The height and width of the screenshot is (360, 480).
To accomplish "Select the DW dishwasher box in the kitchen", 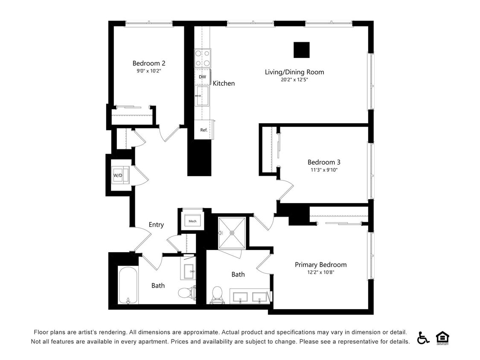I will click(x=202, y=77).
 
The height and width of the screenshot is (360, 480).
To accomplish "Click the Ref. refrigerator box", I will click(x=204, y=130).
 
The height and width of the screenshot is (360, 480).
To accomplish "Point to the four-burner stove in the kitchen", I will click(x=203, y=58).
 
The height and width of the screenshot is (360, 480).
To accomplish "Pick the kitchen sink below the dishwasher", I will click(x=202, y=96).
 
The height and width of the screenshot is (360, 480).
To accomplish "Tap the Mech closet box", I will click(x=192, y=221).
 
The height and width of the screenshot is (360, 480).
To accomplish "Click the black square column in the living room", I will click(x=301, y=50).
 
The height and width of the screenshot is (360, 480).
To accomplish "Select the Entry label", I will click(x=156, y=225).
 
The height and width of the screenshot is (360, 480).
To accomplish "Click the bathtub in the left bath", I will click(x=128, y=285).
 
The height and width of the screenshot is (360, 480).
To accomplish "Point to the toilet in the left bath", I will click(x=186, y=293).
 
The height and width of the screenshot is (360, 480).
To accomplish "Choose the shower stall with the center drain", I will click(x=232, y=233).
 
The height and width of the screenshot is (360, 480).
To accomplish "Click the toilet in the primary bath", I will click(x=217, y=294).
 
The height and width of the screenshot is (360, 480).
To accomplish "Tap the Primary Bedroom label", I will click(x=320, y=264).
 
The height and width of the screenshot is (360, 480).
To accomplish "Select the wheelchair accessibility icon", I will click(x=423, y=337).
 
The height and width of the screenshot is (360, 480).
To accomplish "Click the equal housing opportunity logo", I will click(x=442, y=338).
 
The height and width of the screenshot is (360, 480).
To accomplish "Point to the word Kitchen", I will click(x=224, y=83).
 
